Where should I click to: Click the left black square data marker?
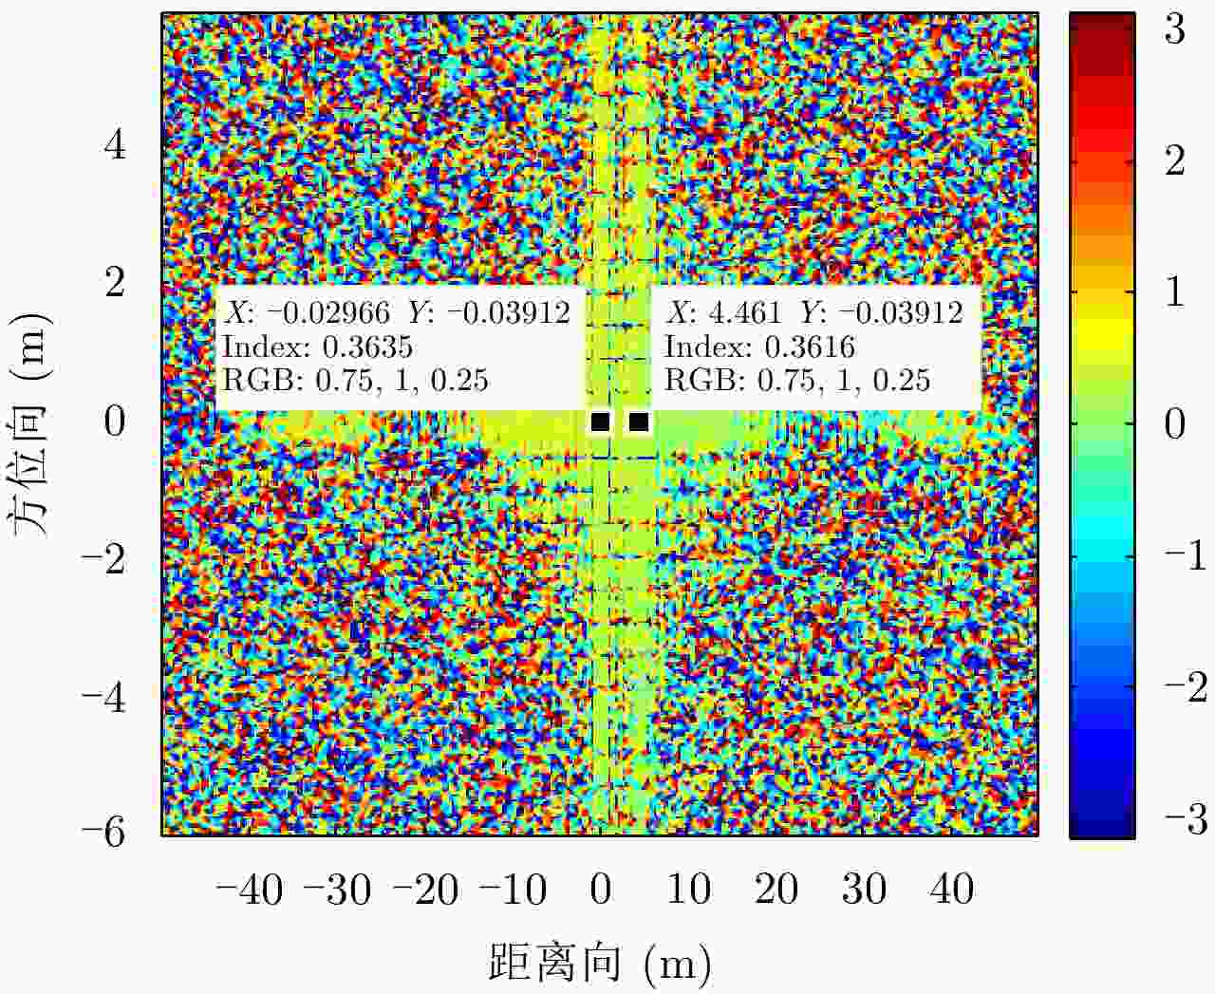pos(600,422)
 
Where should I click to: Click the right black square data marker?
pos(639,422)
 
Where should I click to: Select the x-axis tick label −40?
pos(250,891)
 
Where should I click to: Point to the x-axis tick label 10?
pos(687,891)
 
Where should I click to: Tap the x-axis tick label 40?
pos(952,891)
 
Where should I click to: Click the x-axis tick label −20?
pos(425,891)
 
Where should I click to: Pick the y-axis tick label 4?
pos(115,145)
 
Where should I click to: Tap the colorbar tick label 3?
pos(1175,29)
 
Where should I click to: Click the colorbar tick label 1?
pos(1175,291)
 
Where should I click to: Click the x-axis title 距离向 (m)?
pos(600,963)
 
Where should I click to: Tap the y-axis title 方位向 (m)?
pos(30,424)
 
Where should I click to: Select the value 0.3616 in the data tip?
pos(809,347)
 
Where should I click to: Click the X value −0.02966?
pos(325,312)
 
